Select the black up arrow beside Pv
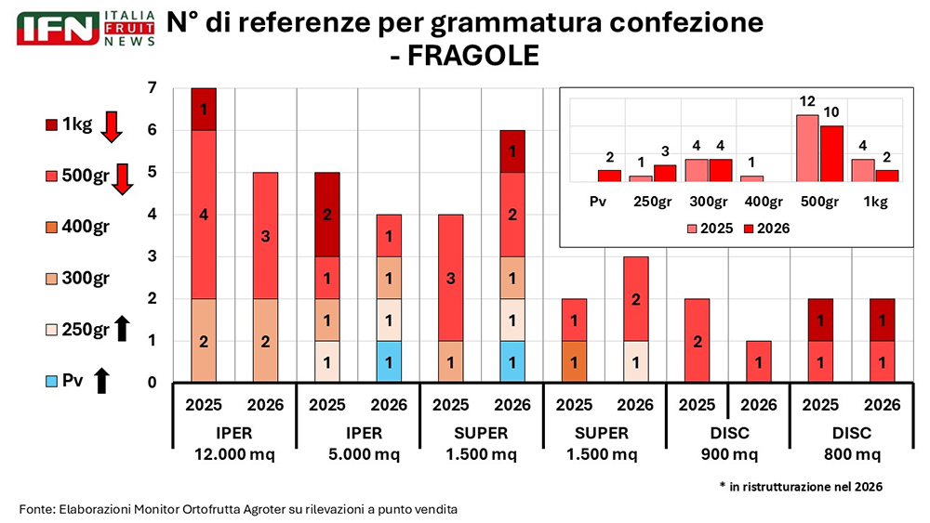pyautogui.click(x=101, y=379)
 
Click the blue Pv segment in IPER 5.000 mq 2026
pyautogui.click(x=389, y=362)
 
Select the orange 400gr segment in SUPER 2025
pyautogui.click(x=575, y=362)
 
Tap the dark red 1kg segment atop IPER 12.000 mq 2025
pyautogui.click(x=204, y=110)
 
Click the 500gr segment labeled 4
pyautogui.click(x=204, y=215)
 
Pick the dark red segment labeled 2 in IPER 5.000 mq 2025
pyautogui.click(x=327, y=215)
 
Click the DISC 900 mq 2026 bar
pyautogui.click(x=759, y=362)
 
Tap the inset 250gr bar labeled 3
pyautogui.click(x=665, y=173)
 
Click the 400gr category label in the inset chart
pyautogui.click(x=763, y=201)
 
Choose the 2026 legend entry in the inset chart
pyautogui.click(x=764, y=228)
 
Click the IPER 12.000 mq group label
pyautogui.click(x=234, y=443)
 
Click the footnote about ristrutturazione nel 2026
pyautogui.click(x=801, y=487)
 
